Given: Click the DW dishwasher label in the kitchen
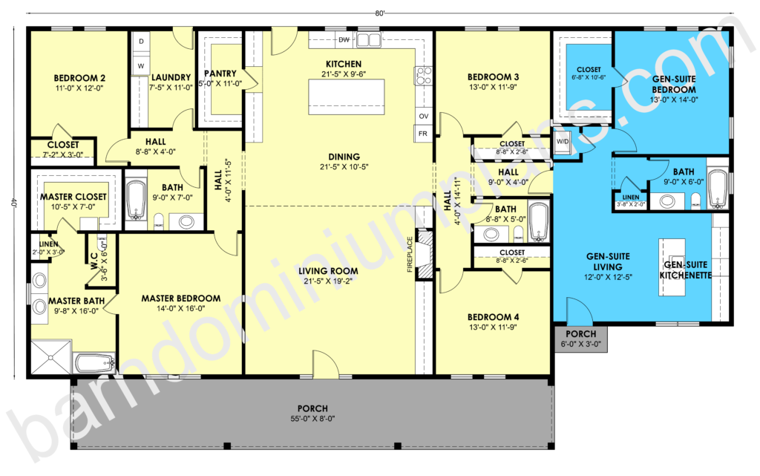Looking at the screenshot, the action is click(x=344, y=40).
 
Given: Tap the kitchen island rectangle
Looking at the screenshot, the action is click(x=347, y=97).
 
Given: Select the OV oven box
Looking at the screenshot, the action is click(x=424, y=117).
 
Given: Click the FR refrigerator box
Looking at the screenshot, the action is click(x=423, y=134).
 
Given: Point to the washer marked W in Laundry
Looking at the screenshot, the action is click(x=141, y=66).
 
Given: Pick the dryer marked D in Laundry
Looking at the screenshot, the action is click(x=141, y=41).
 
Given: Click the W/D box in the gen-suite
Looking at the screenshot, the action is click(x=563, y=142).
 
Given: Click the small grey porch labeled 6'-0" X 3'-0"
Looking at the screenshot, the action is click(x=580, y=339).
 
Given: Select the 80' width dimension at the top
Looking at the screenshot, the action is click(x=380, y=13).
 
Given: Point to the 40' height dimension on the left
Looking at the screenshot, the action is click(x=14, y=203).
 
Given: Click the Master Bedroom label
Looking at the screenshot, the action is click(x=181, y=298).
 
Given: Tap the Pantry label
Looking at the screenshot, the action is click(x=220, y=74).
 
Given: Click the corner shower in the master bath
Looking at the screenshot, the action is click(x=51, y=357).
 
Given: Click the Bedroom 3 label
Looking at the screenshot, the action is click(x=493, y=76).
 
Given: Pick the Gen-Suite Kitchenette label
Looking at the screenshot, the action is click(x=685, y=270).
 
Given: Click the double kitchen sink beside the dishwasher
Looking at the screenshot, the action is click(x=370, y=40).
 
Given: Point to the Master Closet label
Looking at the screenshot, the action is click(x=73, y=197).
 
